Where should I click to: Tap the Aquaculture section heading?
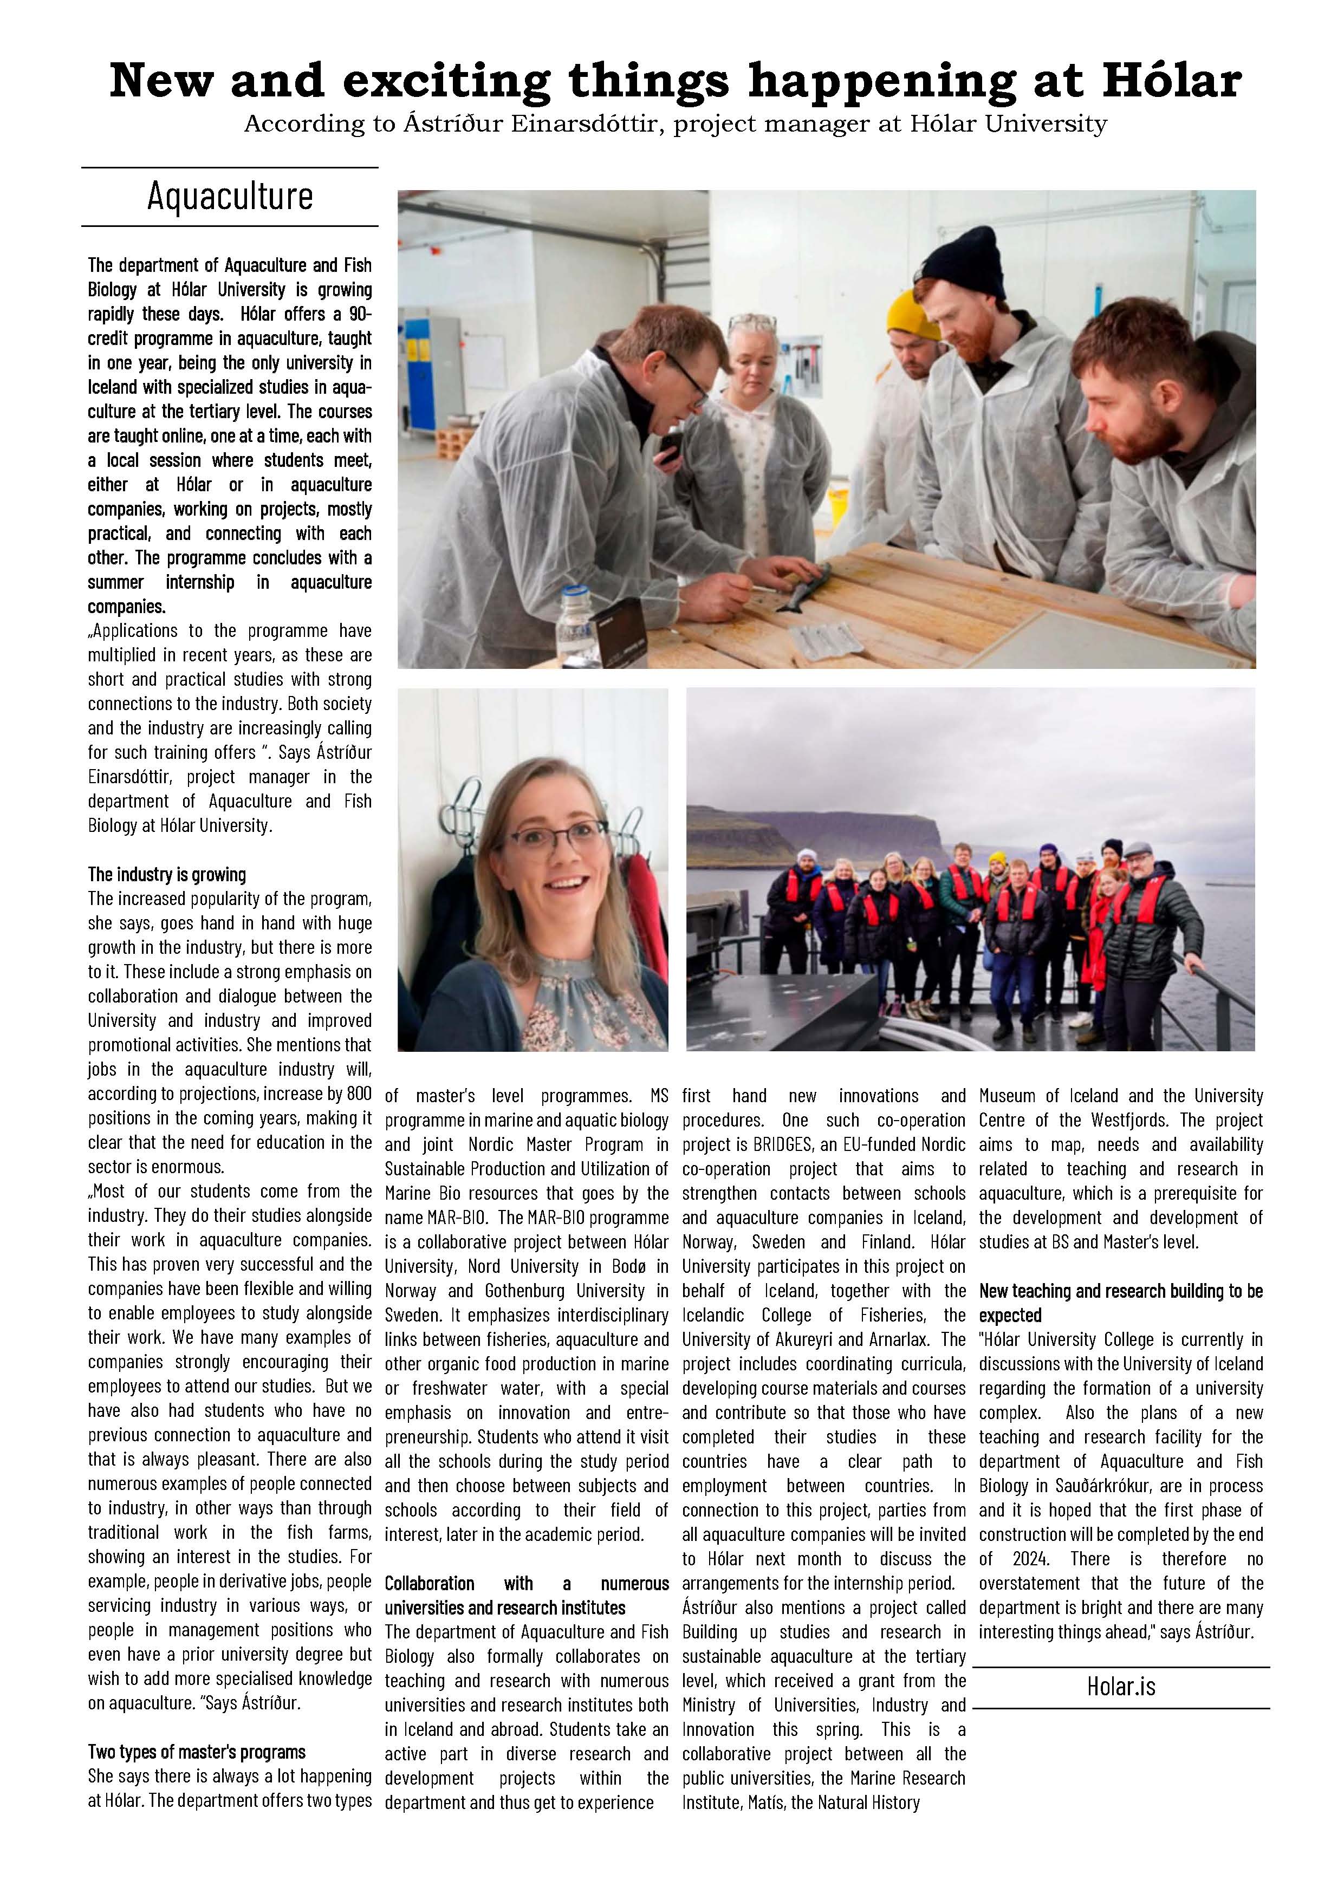click(x=230, y=196)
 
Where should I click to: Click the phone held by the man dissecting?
click(x=670, y=446)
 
